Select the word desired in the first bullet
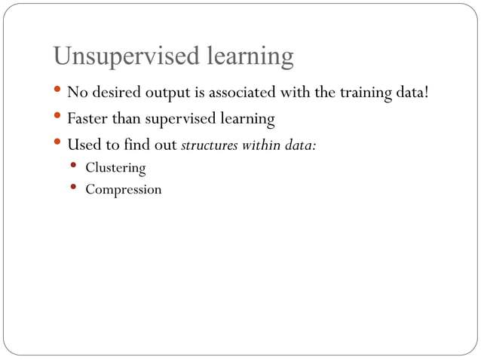click(113, 93)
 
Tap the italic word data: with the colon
click(299, 145)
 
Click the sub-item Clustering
click(115, 167)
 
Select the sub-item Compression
click(123, 189)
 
